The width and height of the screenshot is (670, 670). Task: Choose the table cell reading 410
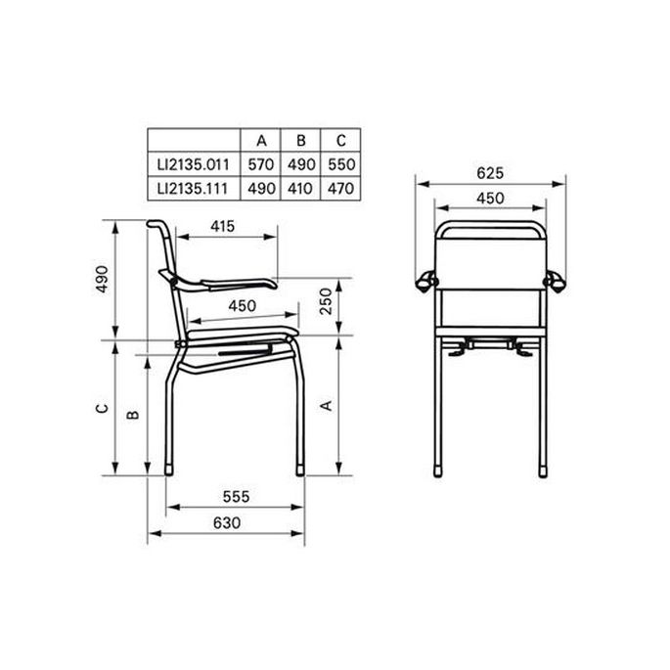click(x=300, y=185)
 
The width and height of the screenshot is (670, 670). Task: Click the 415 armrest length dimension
click(x=223, y=226)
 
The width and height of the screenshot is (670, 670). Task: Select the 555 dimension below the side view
click(x=234, y=497)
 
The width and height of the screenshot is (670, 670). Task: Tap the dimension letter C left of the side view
click(x=101, y=409)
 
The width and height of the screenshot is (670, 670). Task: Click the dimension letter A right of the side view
click(x=326, y=404)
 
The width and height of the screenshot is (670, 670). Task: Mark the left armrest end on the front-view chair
click(x=424, y=282)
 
